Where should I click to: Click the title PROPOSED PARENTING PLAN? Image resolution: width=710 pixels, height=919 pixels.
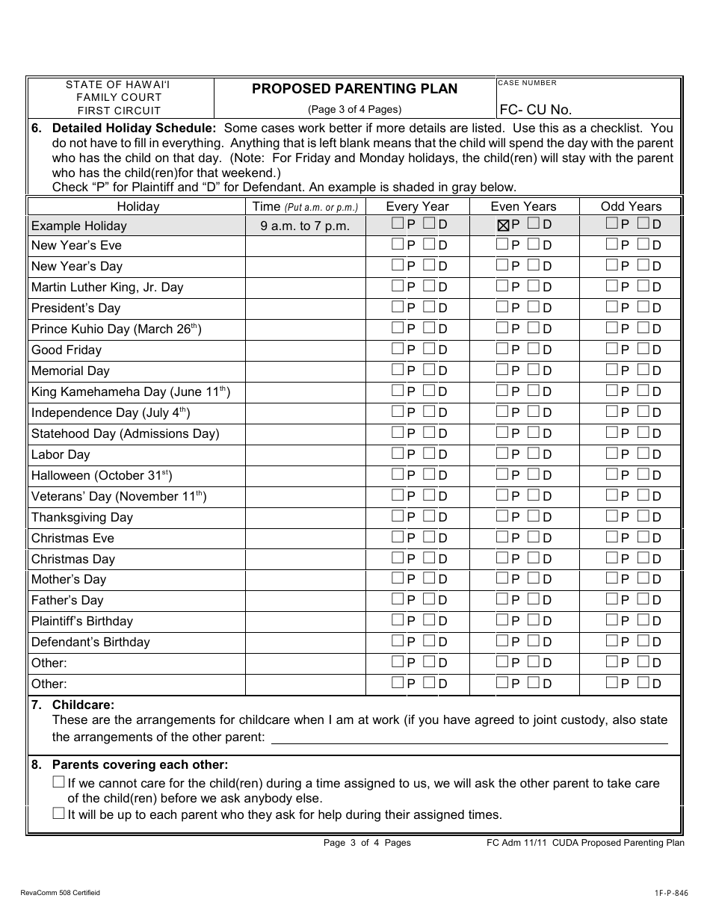pyautogui.click(x=354, y=89)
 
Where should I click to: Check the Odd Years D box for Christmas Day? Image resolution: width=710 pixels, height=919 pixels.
pyautogui.click(x=643, y=558)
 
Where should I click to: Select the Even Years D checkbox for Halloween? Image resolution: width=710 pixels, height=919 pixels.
pyautogui.click(x=534, y=474)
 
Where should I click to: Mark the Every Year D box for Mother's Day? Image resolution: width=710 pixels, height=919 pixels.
pyautogui.click(x=429, y=578)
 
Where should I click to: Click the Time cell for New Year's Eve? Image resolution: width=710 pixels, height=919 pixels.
pyautogui.click(x=305, y=246)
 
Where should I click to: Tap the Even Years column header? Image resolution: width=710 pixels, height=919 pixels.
pyautogui.click(x=523, y=206)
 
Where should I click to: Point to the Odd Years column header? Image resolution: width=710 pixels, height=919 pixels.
pyautogui.click(x=631, y=206)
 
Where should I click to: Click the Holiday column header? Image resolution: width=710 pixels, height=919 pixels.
pyautogui.click(x=138, y=206)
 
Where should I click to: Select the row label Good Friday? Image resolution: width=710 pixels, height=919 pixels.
pyautogui.click(x=67, y=350)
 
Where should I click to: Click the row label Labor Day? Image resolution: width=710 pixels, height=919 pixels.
pyautogui.click(x=61, y=454)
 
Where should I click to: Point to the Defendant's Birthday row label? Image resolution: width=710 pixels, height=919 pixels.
pyautogui.click(x=90, y=642)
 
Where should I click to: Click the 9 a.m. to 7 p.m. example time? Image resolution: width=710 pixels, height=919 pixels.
pyautogui.click(x=305, y=226)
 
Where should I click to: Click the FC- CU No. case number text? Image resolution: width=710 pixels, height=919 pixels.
pyautogui.click(x=535, y=110)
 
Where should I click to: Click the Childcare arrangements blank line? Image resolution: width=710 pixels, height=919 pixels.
pyautogui.click(x=469, y=738)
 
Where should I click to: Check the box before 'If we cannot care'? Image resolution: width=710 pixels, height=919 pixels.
pyautogui.click(x=59, y=782)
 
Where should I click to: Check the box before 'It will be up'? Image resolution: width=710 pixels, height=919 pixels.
pyautogui.click(x=59, y=814)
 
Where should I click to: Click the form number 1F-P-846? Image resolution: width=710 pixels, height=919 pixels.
pyautogui.click(x=667, y=893)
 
